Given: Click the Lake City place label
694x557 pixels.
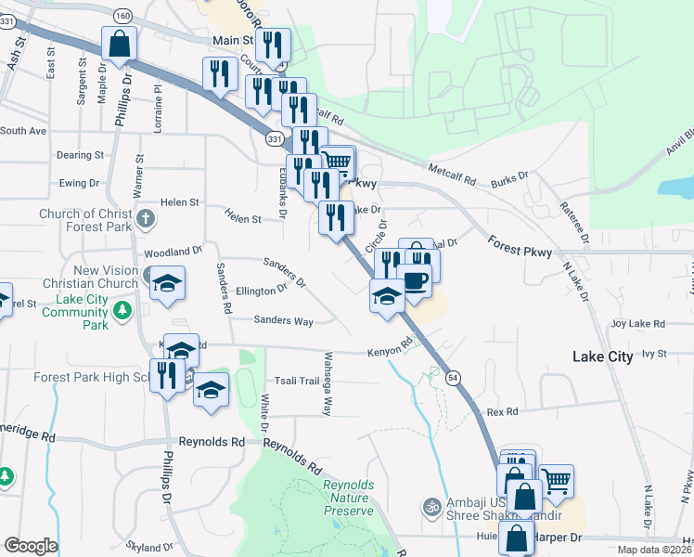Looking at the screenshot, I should (603, 356).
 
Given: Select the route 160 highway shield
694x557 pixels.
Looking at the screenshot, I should (122, 16).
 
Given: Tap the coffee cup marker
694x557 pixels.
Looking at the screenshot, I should (415, 279).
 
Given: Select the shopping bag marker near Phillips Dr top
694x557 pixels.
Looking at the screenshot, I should (120, 43).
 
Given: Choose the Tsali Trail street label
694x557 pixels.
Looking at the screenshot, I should (296, 382).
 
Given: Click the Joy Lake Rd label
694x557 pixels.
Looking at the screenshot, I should (638, 324).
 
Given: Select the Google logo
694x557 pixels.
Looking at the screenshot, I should (31, 546).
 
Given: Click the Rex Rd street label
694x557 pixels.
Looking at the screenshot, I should (501, 411).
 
